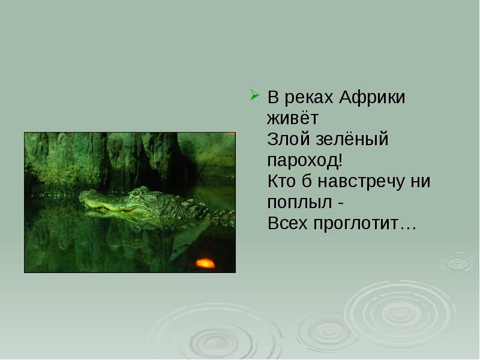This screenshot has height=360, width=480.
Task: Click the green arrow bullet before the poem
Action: tap(254, 95)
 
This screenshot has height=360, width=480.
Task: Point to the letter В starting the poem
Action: tap(273, 97)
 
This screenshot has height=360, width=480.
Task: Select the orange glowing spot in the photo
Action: tap(205, 263)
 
